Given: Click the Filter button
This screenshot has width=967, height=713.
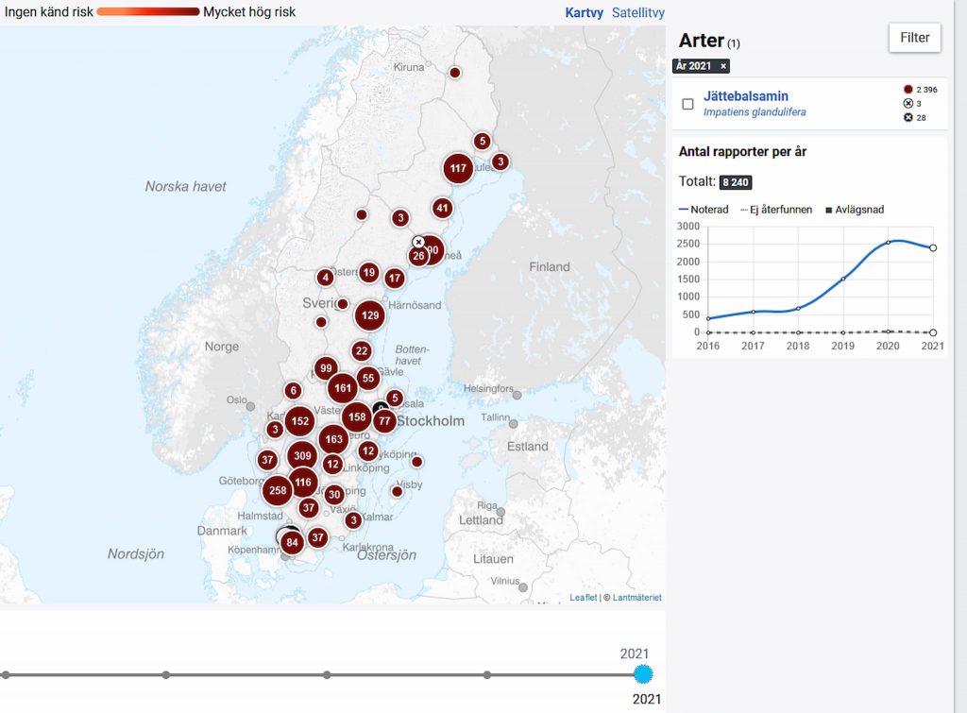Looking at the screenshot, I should [x=914, y=38].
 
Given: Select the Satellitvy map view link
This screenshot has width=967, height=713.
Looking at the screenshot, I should [x=638, y=13].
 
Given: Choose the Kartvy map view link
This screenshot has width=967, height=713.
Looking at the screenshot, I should [x=585, y=13].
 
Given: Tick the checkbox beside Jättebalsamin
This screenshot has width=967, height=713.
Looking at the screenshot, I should [x=687, y=104].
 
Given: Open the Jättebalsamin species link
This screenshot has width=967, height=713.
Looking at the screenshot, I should [x=745, y=96].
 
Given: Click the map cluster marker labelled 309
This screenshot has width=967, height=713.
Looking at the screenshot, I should [x=302, y=456].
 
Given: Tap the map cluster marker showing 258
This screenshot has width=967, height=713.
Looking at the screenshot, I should [x=278, y=490].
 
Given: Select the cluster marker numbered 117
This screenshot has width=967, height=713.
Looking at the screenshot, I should [x=458, y=169].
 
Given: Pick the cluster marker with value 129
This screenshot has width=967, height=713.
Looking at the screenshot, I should [x=369, y=314].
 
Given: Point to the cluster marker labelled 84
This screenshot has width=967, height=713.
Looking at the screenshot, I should [x=292, y=542].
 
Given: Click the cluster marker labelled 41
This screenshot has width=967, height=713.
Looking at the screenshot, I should [x=442, y=209].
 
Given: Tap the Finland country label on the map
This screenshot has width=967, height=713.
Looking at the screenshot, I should [x=549, y=267].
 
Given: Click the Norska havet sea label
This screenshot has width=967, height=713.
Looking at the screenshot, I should [x=186, y=187].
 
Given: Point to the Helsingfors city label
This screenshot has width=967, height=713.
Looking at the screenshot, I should [x=488, y=388].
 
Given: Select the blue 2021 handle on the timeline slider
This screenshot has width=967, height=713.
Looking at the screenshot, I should [x=643, y=674].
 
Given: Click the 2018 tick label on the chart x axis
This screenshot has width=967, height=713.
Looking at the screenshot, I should [x=799, y=347].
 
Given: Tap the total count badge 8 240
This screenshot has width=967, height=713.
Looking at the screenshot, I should [x=736, y=182].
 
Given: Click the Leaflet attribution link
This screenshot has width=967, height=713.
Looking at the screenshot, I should [x=583, y=598].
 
